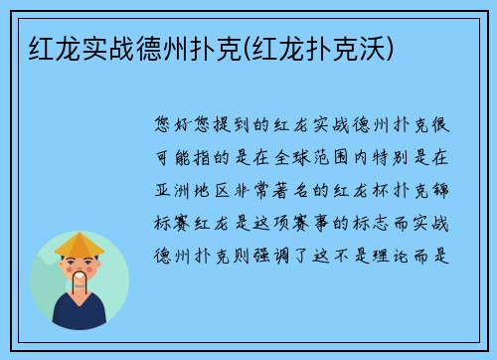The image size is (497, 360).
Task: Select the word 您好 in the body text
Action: (175, 127)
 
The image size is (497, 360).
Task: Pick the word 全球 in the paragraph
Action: (287, 156)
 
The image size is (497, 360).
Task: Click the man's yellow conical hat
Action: (80, 245)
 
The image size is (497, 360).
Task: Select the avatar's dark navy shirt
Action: (80, 316)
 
